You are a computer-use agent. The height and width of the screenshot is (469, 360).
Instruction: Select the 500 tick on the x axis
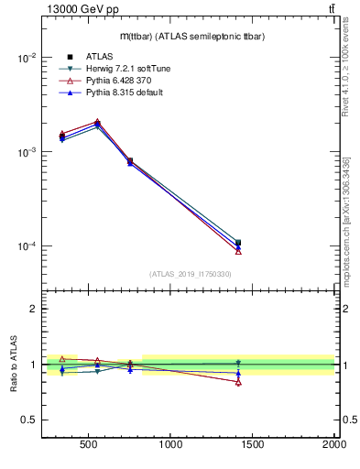point(89,445)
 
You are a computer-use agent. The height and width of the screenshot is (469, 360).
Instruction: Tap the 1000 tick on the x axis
point(170,445)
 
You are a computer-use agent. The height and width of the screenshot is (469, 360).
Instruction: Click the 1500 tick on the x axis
point(253,445)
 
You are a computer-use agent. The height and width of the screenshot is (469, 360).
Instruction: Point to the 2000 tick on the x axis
point(333,445)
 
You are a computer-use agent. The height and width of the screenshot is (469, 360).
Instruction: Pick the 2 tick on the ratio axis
point(33,309)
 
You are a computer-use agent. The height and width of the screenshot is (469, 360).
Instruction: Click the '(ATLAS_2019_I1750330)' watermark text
point(190,274)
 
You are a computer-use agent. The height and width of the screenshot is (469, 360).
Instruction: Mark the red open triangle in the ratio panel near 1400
point(238,382)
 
